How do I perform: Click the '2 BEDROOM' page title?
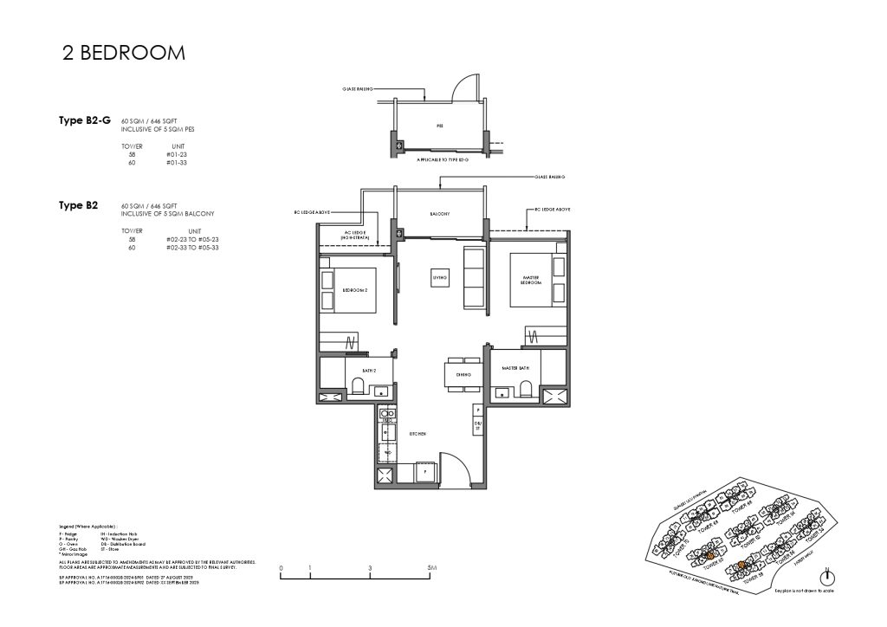point(124,53)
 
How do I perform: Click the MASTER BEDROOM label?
point(530,281)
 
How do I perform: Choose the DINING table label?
point(463,374)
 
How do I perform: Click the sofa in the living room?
point(473,277)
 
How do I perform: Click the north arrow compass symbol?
point(828,578)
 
